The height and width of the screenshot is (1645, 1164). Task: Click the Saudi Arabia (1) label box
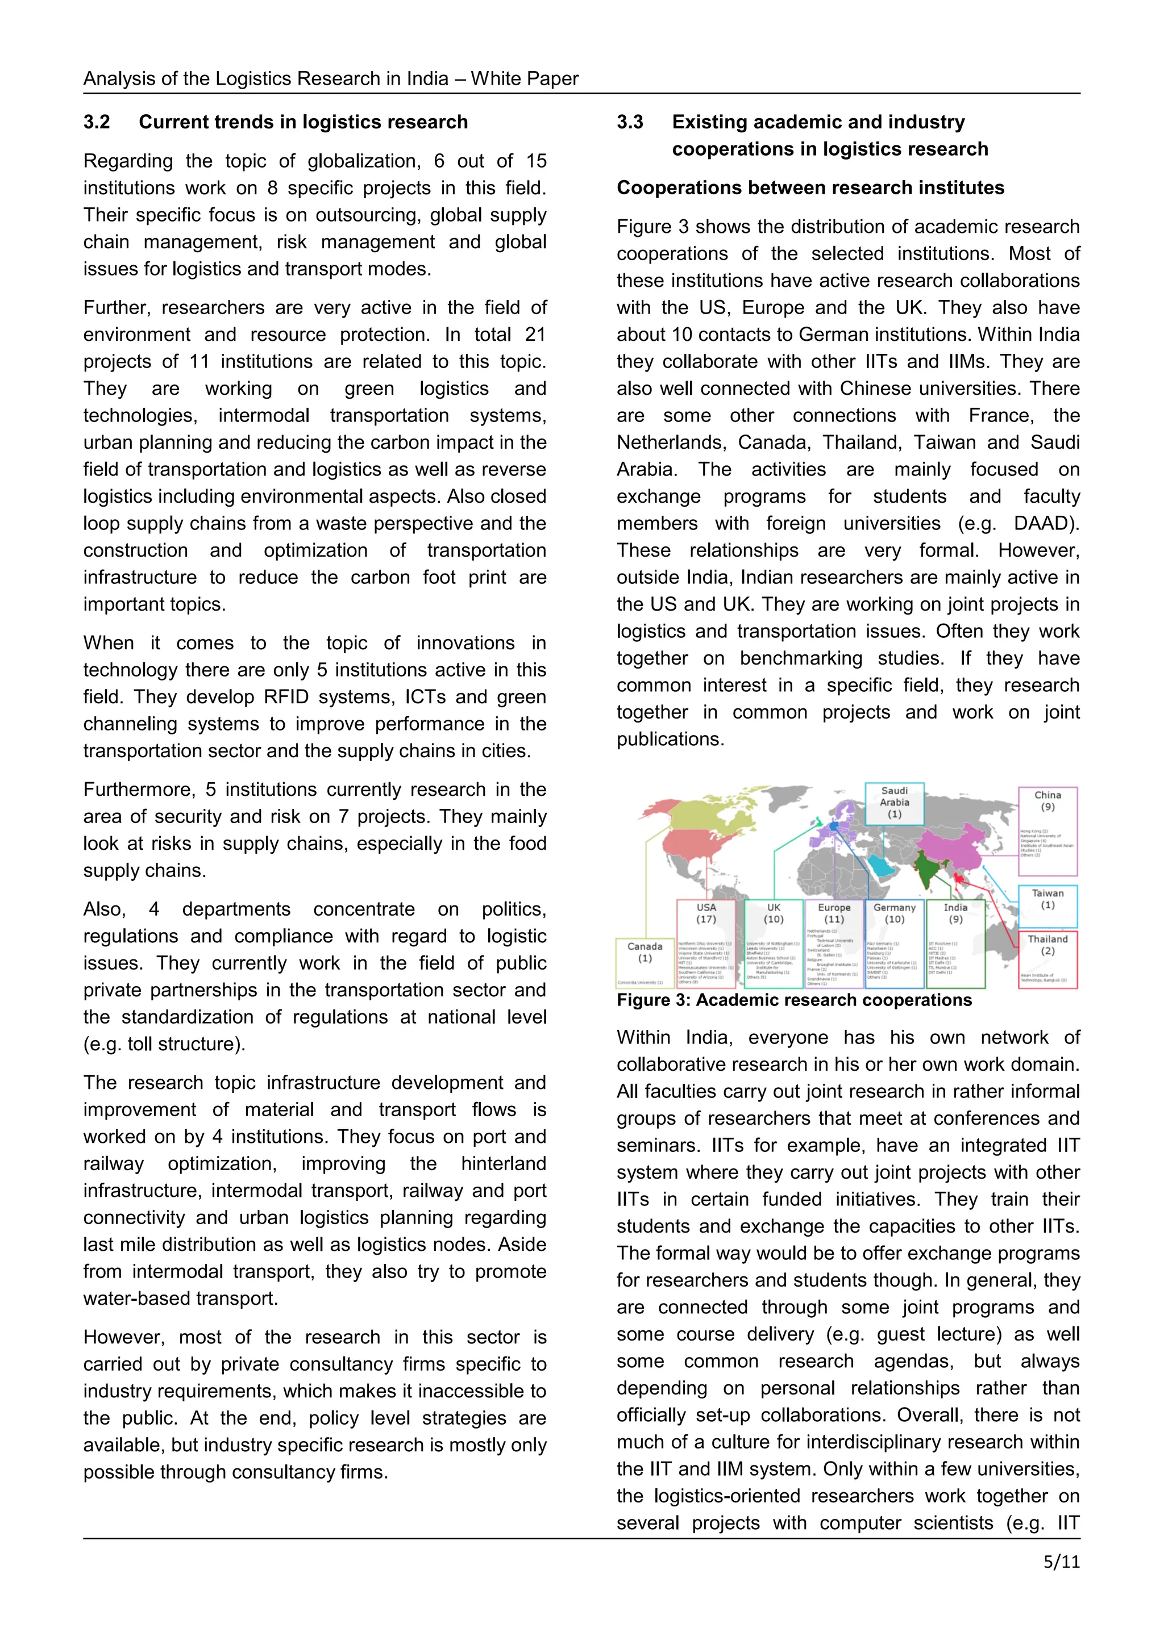[894, 803]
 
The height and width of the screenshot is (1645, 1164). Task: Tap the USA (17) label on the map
[706, 913]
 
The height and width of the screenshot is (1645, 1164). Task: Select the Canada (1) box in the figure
[645, 953]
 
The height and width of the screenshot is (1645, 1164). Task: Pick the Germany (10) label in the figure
[894, 913]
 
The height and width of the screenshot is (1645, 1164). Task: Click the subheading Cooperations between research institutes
[810, 187]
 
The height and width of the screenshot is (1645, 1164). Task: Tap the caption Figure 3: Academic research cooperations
[793, 1000]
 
